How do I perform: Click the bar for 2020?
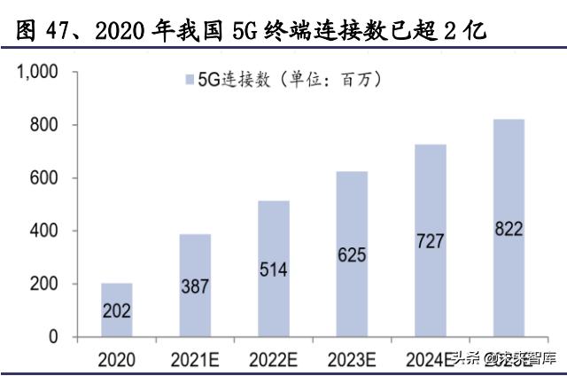point(116,309)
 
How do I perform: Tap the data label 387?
point(195,288)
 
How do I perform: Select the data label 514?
point(273,270)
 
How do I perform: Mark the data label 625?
point(352,255)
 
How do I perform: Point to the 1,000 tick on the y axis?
point(38,73)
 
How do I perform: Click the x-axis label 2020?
point(116,359)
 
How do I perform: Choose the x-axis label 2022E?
point(273,359)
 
